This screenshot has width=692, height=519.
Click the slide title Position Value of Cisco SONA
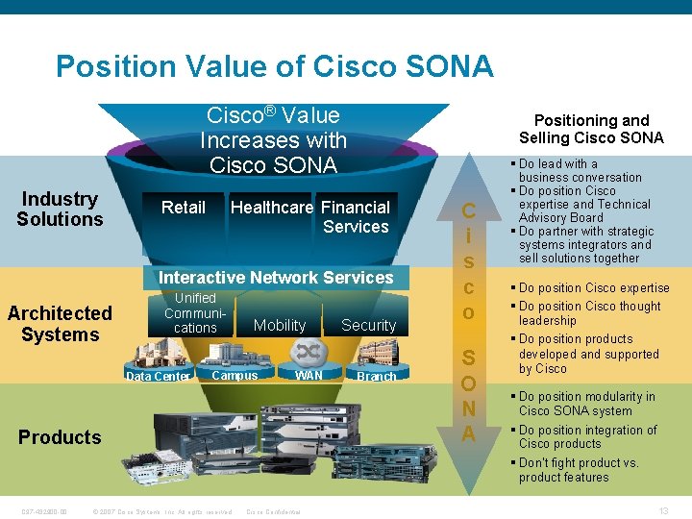[x=274, y=66]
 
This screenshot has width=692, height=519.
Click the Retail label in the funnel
[x=184, y=208]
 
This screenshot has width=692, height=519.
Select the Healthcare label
[x=272, y=208]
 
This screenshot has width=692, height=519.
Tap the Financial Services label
[x=356, y=216]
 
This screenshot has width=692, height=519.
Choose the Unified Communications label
[x=195, y=313]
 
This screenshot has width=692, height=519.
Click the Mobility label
[x=280, y=326]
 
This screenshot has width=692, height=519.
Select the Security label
[x=368, y=326]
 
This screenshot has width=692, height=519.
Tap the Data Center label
[x=159, y=377]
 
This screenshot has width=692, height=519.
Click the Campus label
[x=235, y=376]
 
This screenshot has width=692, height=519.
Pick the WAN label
[x=309, y=375]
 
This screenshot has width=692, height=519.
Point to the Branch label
[x=376, y=377]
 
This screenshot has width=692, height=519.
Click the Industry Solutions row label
[x=60, y=209]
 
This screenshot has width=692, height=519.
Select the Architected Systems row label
[x=60, y=324]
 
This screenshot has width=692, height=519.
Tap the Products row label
[x=60, y=437]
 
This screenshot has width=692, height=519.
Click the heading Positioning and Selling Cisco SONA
[x=591, y=129]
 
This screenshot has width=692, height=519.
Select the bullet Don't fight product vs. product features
[x=578, y=470]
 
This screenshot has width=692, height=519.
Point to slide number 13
[x=664, y=510]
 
